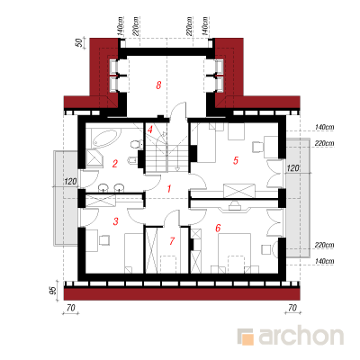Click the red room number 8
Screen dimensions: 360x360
(158, 85)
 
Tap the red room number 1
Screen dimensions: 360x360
(169, 189)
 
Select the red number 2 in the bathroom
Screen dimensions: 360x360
(114, 164)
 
